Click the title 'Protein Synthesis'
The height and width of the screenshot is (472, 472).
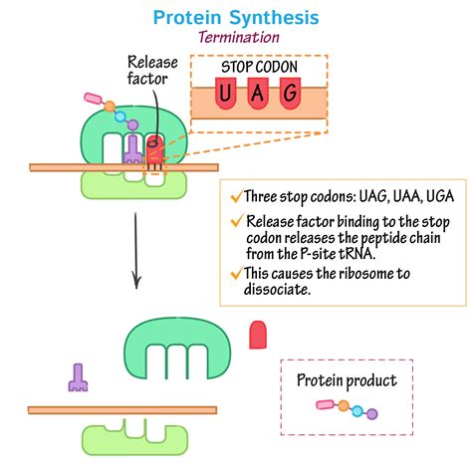(235, 17)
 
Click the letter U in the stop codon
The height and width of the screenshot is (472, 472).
(227, 93)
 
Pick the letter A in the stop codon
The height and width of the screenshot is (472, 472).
(258, 93)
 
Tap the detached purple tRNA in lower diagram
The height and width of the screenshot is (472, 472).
(76, 376)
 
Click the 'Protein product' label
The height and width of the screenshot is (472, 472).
(347, 379)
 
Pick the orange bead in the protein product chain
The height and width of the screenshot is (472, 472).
(344, 406)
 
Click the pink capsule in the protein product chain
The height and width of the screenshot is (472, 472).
(327, 404)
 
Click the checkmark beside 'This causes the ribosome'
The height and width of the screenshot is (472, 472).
(235, 273)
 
